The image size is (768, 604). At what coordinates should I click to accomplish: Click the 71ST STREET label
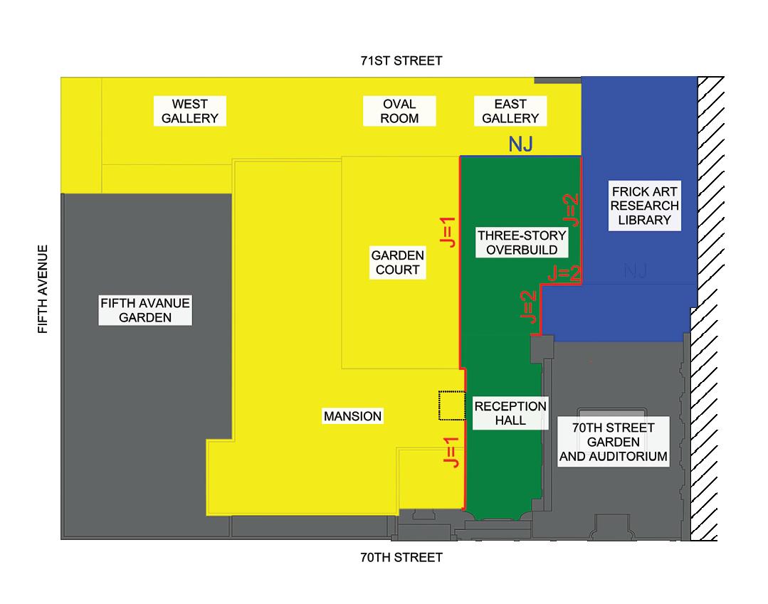tap(401, 60)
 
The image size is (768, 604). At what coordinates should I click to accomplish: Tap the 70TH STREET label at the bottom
tap(401, 557)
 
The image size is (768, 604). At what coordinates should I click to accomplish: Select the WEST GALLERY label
tap(189, 111)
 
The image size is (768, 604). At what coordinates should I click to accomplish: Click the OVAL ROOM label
tap(399, 111)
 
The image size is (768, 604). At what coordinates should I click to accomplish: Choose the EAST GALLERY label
tap(510, 111)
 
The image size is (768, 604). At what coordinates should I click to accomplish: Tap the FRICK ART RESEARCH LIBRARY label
tap(645, 205)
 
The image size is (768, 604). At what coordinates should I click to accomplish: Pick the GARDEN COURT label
tap(397, 263)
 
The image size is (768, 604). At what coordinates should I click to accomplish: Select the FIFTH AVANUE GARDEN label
tap(145, 310)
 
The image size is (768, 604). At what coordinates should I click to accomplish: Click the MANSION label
tap(352, 416)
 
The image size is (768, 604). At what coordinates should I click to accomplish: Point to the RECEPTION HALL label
tap(510, 413)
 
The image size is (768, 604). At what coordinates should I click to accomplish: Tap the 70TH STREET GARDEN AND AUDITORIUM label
tap(613, 442)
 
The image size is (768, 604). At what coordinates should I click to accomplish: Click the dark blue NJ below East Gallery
tap(521, 145)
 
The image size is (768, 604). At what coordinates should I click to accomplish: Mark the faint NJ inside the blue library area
tap(636, 270)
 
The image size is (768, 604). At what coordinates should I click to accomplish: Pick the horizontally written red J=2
tap(564, 272)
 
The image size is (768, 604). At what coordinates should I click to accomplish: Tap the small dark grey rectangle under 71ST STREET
tap(557, 79)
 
